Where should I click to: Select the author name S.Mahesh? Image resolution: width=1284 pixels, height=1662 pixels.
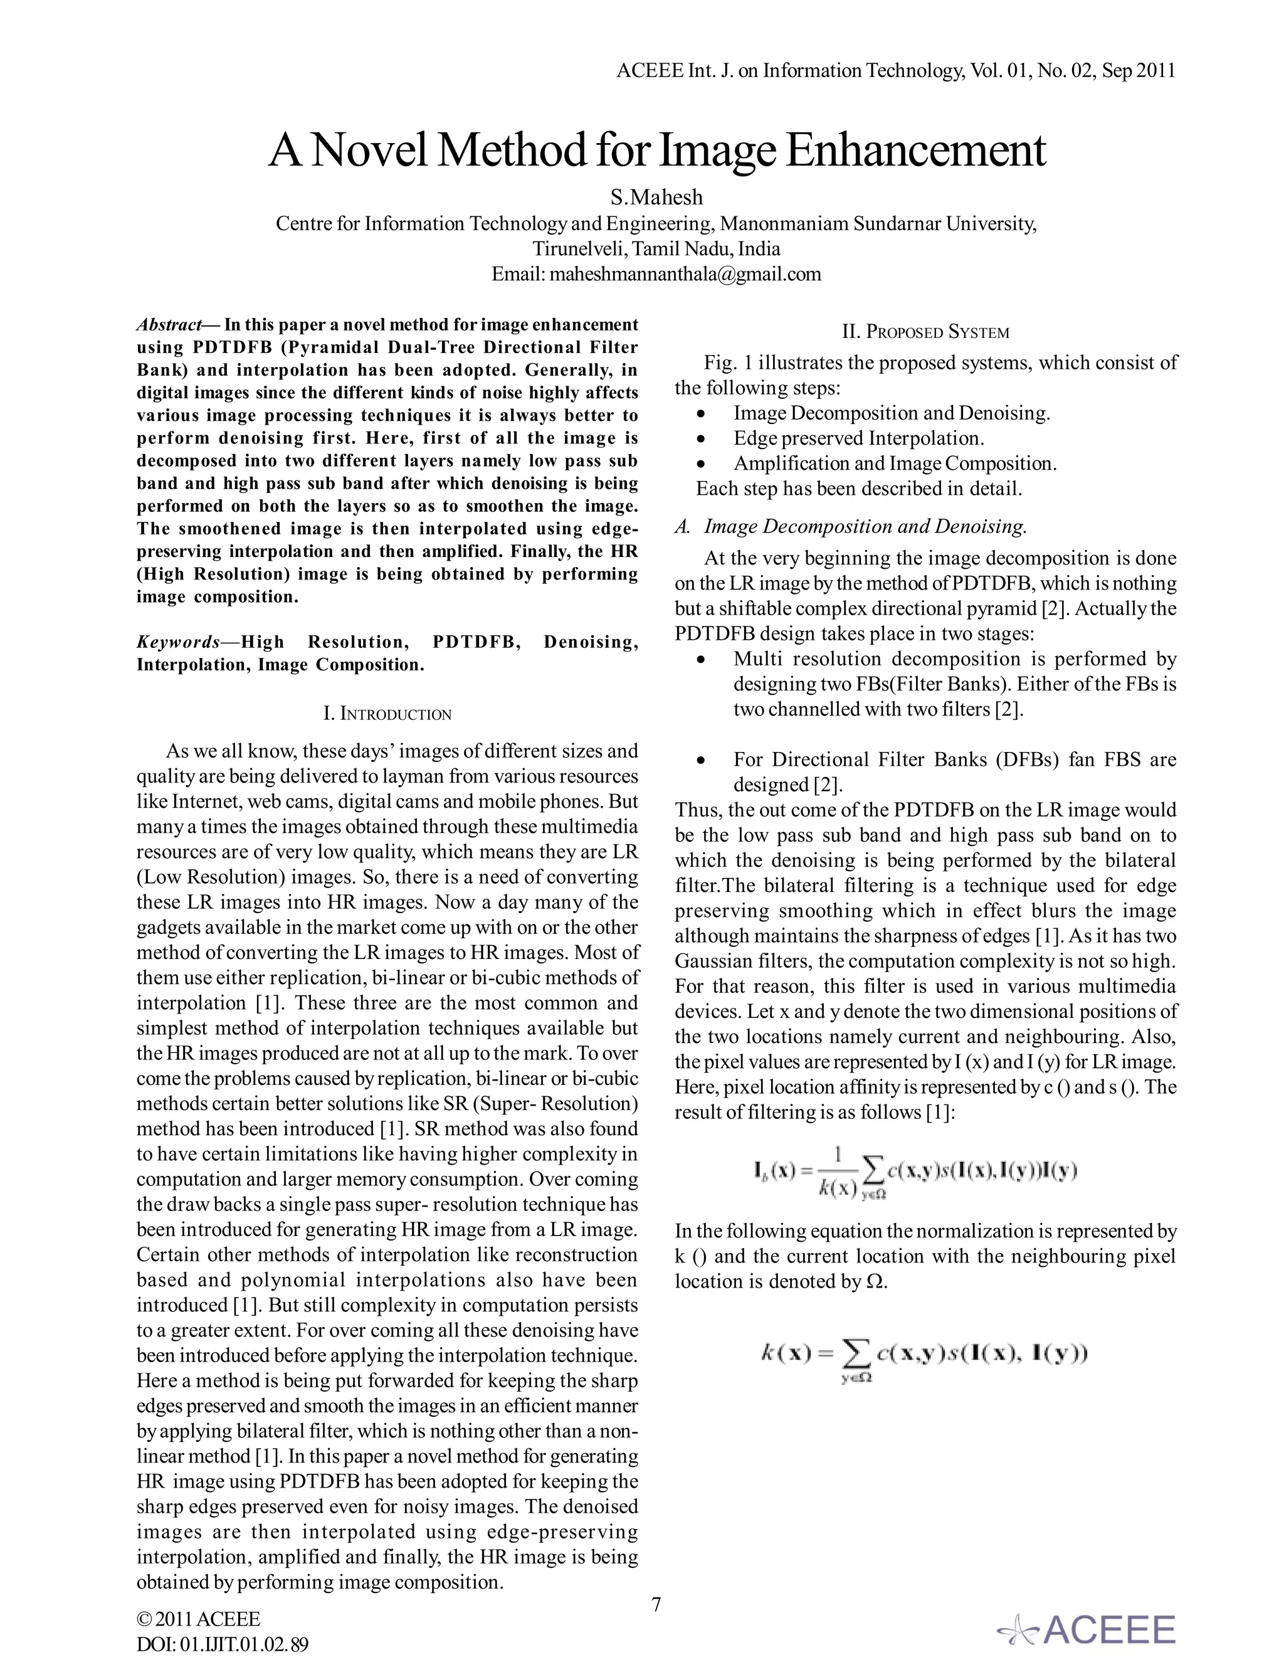[x=656, y=198]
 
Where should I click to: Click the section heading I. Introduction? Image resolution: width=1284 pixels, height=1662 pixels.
[x=387, y=714]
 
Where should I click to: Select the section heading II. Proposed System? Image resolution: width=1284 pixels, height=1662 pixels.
[x=925, y=332]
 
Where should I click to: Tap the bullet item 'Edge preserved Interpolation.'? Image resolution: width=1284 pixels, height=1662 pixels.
[x=859, y=438]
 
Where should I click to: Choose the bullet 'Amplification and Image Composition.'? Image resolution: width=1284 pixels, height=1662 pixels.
[x=895, y=463]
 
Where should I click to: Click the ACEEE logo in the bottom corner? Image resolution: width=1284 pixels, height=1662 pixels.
[x=1088, y=1629]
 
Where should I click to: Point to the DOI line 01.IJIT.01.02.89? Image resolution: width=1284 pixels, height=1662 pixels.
[x=222, y=1644]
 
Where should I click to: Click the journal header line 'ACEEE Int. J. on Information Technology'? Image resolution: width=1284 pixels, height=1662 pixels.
[x=895, y=71]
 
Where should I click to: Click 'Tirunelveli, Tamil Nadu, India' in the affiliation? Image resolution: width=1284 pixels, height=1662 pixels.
[x=656, y=249]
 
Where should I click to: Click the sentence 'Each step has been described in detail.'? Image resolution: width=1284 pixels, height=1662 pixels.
[x=859, y=489]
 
